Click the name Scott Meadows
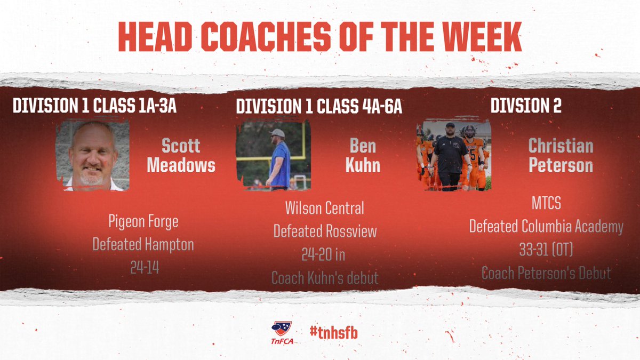point(181,156)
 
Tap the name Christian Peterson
point(561,156)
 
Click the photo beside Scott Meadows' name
point(92,155)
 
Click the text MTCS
point(546,203)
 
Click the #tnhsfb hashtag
point(333,331)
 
